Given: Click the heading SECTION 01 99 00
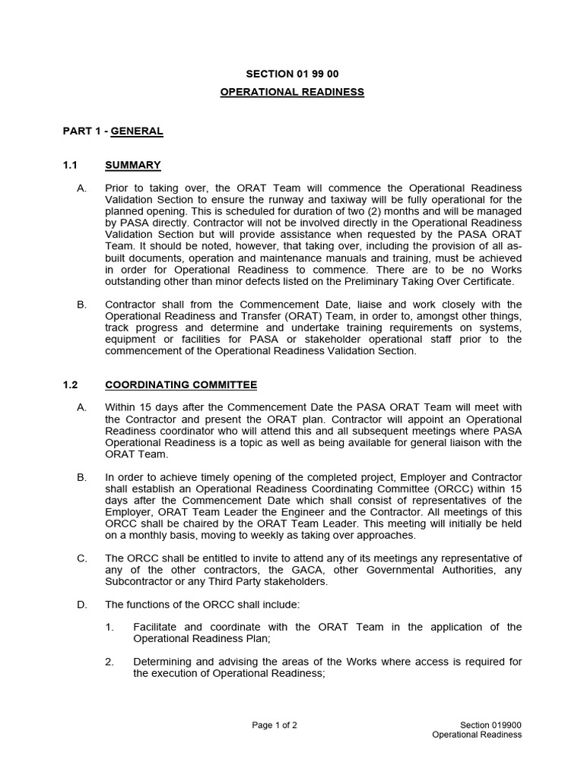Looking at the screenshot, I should pyautogui.click(x=292, y=74).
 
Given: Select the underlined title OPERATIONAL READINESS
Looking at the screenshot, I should pyautogui.click(x=292, y=92).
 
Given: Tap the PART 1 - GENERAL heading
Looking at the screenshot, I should pyautogui.click(x=113, y=131).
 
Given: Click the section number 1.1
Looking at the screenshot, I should pyautogui.click(x=71, y=165).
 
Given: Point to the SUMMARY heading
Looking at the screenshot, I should pyautogui.click(x=132, y=165).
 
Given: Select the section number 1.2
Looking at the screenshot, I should pyautogui.click(x=71, y=385).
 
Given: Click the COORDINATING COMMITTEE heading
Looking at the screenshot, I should pyautogui.click(x=181, y=385).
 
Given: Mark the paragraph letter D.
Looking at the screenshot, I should pyautogui.click(x=81, y=605).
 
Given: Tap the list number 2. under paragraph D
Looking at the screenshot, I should pyautogui.click(x=109, y=662).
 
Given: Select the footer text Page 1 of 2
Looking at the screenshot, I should pyautogui.click(x=275, y=725).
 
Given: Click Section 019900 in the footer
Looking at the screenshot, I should pyautogui.click(x=490, y=725).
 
